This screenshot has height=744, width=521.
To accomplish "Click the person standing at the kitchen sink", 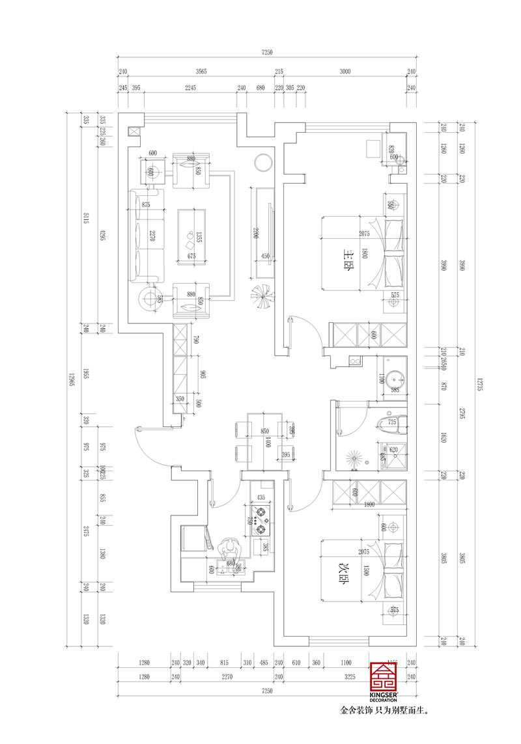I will coord(229,551).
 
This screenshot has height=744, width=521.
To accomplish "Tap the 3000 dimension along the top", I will coord(345,72).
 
